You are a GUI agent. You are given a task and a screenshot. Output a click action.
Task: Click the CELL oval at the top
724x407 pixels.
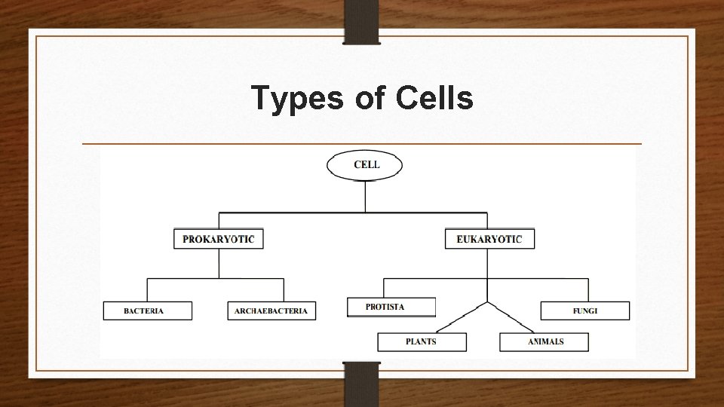click(365, 165)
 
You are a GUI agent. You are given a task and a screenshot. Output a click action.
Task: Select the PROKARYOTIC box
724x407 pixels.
click(219, 240)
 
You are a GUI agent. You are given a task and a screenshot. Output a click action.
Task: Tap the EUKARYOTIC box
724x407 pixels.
click(489, 240)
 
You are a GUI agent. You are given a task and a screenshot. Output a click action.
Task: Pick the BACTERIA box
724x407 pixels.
click(148, 311)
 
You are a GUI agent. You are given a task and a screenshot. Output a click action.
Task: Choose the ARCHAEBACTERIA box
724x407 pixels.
click(271, 311)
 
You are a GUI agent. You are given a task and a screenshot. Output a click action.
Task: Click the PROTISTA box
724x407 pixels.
click(391, 307)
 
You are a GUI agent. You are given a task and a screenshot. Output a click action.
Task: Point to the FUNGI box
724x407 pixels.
click(584, 311)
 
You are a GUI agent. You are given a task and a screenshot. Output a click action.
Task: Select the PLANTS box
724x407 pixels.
click(422, 341)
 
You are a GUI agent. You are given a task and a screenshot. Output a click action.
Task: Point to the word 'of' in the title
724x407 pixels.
click(368, 98)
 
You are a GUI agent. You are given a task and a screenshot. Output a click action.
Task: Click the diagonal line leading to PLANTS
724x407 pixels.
click(462, 317)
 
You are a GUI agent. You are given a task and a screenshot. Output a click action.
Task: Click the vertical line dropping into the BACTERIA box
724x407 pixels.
click(147, 290)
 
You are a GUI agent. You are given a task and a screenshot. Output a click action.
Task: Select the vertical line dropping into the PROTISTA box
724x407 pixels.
click(384, 288)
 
